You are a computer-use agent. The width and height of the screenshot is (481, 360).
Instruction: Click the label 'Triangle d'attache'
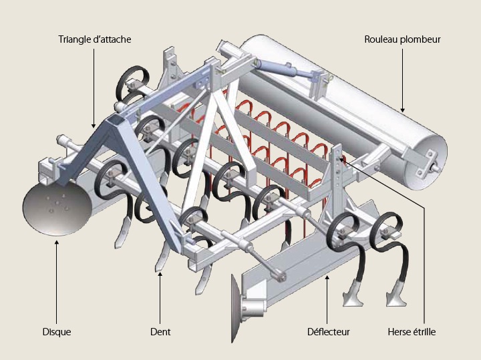pyautogui.click(x=94, y=39)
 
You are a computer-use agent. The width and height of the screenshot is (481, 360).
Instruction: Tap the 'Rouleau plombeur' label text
pyautogui.click(x=402, y=39)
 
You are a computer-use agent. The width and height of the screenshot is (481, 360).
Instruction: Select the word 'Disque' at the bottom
pyautogui.click(x=56, y=331)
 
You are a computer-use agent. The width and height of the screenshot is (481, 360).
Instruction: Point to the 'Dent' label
pyautogui.click(x=160, y=331)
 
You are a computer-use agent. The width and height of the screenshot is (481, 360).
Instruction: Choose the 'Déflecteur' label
pyautogui.click(x=328, y=331)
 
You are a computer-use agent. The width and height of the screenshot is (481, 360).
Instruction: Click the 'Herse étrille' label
pyautogui.click(x=412, y=331)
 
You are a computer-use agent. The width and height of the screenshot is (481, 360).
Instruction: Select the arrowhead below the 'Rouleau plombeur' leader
pyautogui.click(x=402, y=109)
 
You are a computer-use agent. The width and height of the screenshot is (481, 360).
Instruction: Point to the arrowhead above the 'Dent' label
pyautogui.click(x=160, y=274)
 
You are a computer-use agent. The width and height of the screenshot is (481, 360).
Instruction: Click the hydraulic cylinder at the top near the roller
pyautogui.click(x=284, y=67)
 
